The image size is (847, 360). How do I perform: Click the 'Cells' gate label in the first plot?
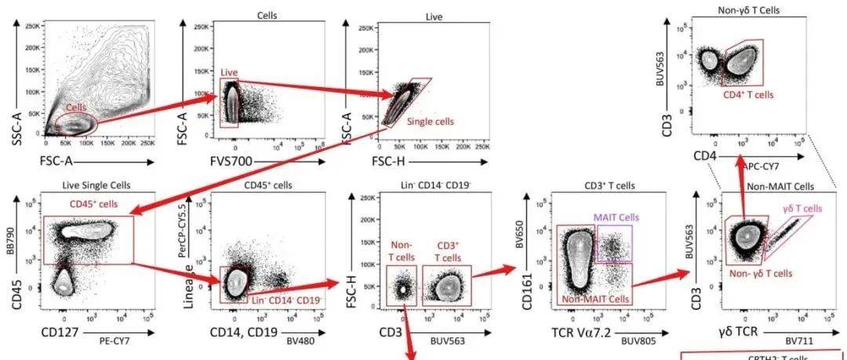pos(77,107)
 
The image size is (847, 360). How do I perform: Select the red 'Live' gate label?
pos(228,73)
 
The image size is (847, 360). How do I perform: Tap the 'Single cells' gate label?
pos(430,122)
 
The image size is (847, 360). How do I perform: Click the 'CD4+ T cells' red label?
pos(747,94)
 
